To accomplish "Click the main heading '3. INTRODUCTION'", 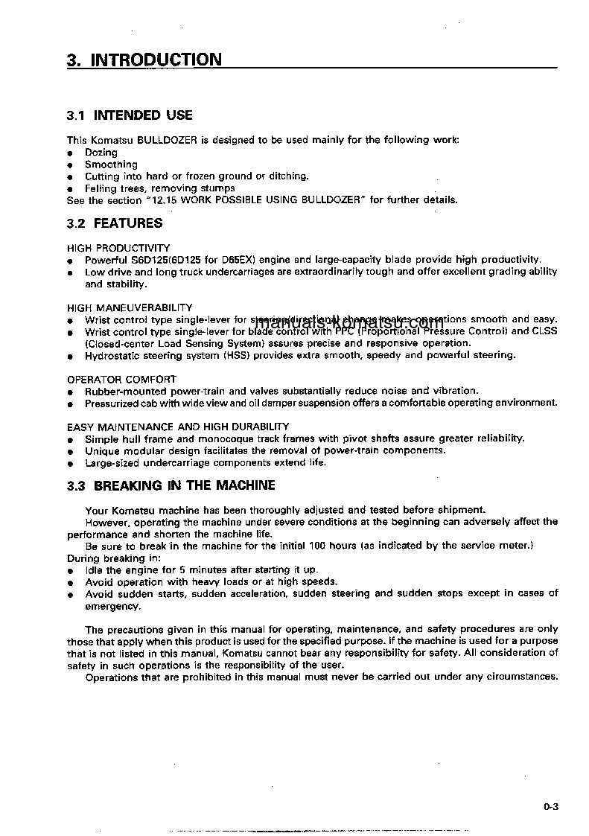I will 144,60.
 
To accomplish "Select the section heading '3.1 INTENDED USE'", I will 130,115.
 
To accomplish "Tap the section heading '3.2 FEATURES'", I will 115,223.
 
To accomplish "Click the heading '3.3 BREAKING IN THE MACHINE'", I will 171,485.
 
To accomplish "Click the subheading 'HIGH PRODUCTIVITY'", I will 118,248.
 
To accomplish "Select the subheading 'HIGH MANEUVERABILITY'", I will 130,307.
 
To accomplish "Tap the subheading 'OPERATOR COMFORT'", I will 121,379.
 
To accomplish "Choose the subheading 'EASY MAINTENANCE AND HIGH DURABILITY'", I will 178,427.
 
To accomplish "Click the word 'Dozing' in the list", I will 101,153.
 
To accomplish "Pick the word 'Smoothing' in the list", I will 111,165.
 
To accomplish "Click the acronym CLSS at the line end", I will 544,331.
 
